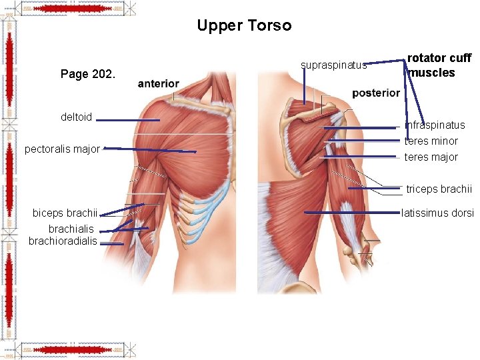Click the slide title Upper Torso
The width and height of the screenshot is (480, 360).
coord(244,26)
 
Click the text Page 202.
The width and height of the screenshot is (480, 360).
coord(88,74)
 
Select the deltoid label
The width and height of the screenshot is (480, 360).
coord(76,117)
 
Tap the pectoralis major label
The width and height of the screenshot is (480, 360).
coord(62,149)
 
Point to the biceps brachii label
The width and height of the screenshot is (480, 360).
coord(65,213)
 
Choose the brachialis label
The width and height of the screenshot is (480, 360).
coord(71,229)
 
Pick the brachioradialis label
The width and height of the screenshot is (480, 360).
coord(63,241)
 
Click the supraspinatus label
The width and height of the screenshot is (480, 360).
coord(333,65)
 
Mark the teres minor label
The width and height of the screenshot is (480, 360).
coord(431,141)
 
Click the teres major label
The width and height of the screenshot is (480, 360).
coord(431,157)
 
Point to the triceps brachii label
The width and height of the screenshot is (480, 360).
coord(439,189)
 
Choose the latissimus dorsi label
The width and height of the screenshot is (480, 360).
coord(437,213)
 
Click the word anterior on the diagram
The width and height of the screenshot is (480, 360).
coord(158,84)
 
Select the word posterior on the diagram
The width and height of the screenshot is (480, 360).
coord(376,93)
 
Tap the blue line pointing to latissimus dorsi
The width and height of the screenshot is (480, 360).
coord(351,213)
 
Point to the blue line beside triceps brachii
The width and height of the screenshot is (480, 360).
coord(373,189)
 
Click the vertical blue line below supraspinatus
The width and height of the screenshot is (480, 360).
coord(305,87)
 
